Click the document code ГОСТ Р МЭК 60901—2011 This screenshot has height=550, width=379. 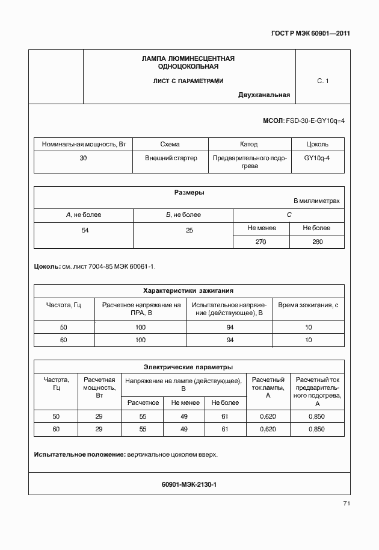point(312,33)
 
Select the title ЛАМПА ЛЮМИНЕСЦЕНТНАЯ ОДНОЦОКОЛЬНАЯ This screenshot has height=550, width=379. point(188,63)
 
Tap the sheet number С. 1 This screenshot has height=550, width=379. point(322,81)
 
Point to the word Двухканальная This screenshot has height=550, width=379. point(264,95)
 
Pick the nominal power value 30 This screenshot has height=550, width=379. point(83,158)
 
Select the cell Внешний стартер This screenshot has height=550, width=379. point(171,158)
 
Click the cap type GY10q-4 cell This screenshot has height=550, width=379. point(317,158)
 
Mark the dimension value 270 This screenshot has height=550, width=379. point(262,242)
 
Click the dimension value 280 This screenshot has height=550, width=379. point(317,242)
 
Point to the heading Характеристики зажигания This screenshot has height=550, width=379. point(188,290)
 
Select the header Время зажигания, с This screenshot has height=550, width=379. point(308,305)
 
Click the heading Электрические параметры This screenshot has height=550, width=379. point(188,366)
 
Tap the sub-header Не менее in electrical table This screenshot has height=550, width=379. point(184,402)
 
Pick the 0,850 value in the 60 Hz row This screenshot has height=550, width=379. point(316,429)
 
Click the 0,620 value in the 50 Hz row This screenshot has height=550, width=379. point(267,416)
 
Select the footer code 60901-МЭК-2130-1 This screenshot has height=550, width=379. point(189,484)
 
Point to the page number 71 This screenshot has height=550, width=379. point(347,503)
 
